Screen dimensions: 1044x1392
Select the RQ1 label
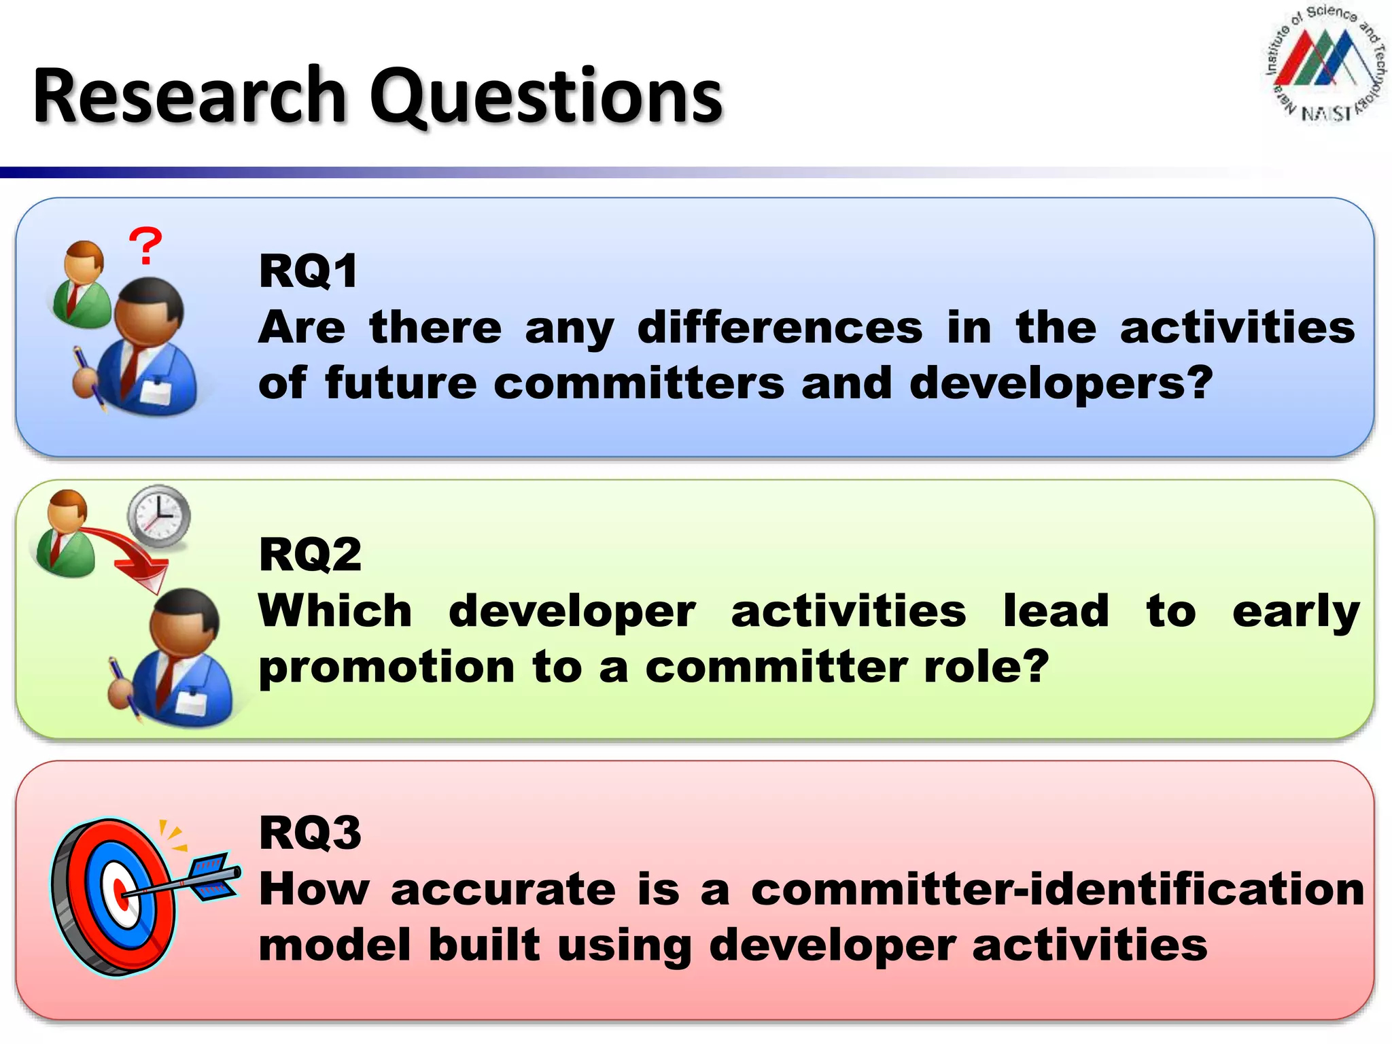click(308, 271)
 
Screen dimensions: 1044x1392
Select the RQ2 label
click(310, 555)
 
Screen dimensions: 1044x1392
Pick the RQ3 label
click(310, 833)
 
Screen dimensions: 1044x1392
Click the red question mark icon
click(145, 247)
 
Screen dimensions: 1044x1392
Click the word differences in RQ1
click(780, 328)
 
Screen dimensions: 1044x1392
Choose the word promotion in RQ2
click(387, 667)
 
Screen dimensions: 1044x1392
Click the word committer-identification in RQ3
click(1057, 889)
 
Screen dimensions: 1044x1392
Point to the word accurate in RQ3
click(503, 889)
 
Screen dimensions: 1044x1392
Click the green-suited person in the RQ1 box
click(82, 285)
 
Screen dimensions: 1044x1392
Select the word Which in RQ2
click(335, 611)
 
